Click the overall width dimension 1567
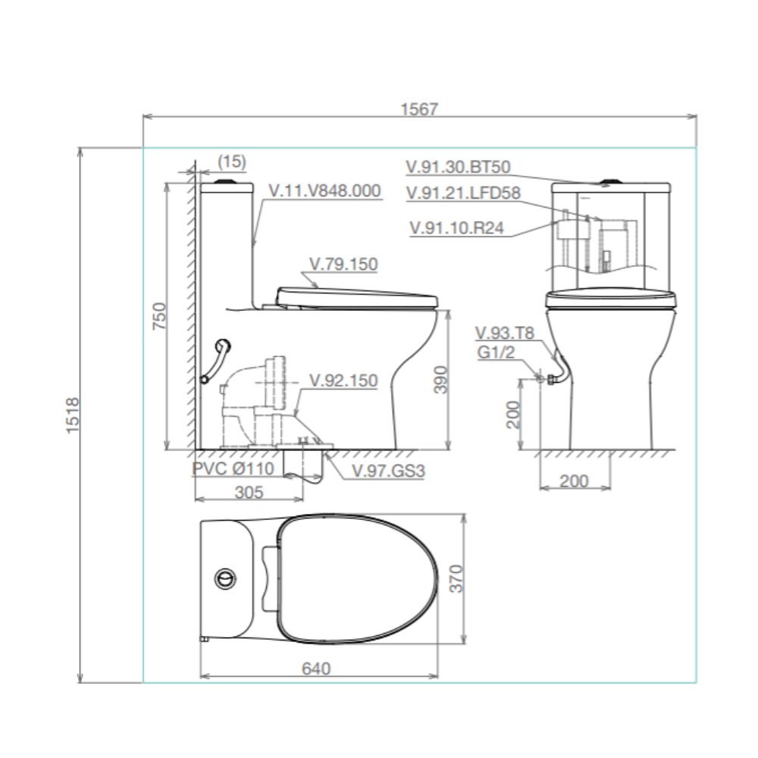[x=419, y=109]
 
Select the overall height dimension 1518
[x=72, y=415]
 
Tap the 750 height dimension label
[x=159, y=316]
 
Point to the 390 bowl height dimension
[x=440, y=380]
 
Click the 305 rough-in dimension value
[x=249, y=492]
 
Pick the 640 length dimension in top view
[x=316, y=669]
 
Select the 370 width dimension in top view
[x=456, y=578]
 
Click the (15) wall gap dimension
[x=232, y=161]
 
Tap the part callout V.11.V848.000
[x=325, y=191]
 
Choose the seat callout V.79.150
[x=343, y=264]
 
